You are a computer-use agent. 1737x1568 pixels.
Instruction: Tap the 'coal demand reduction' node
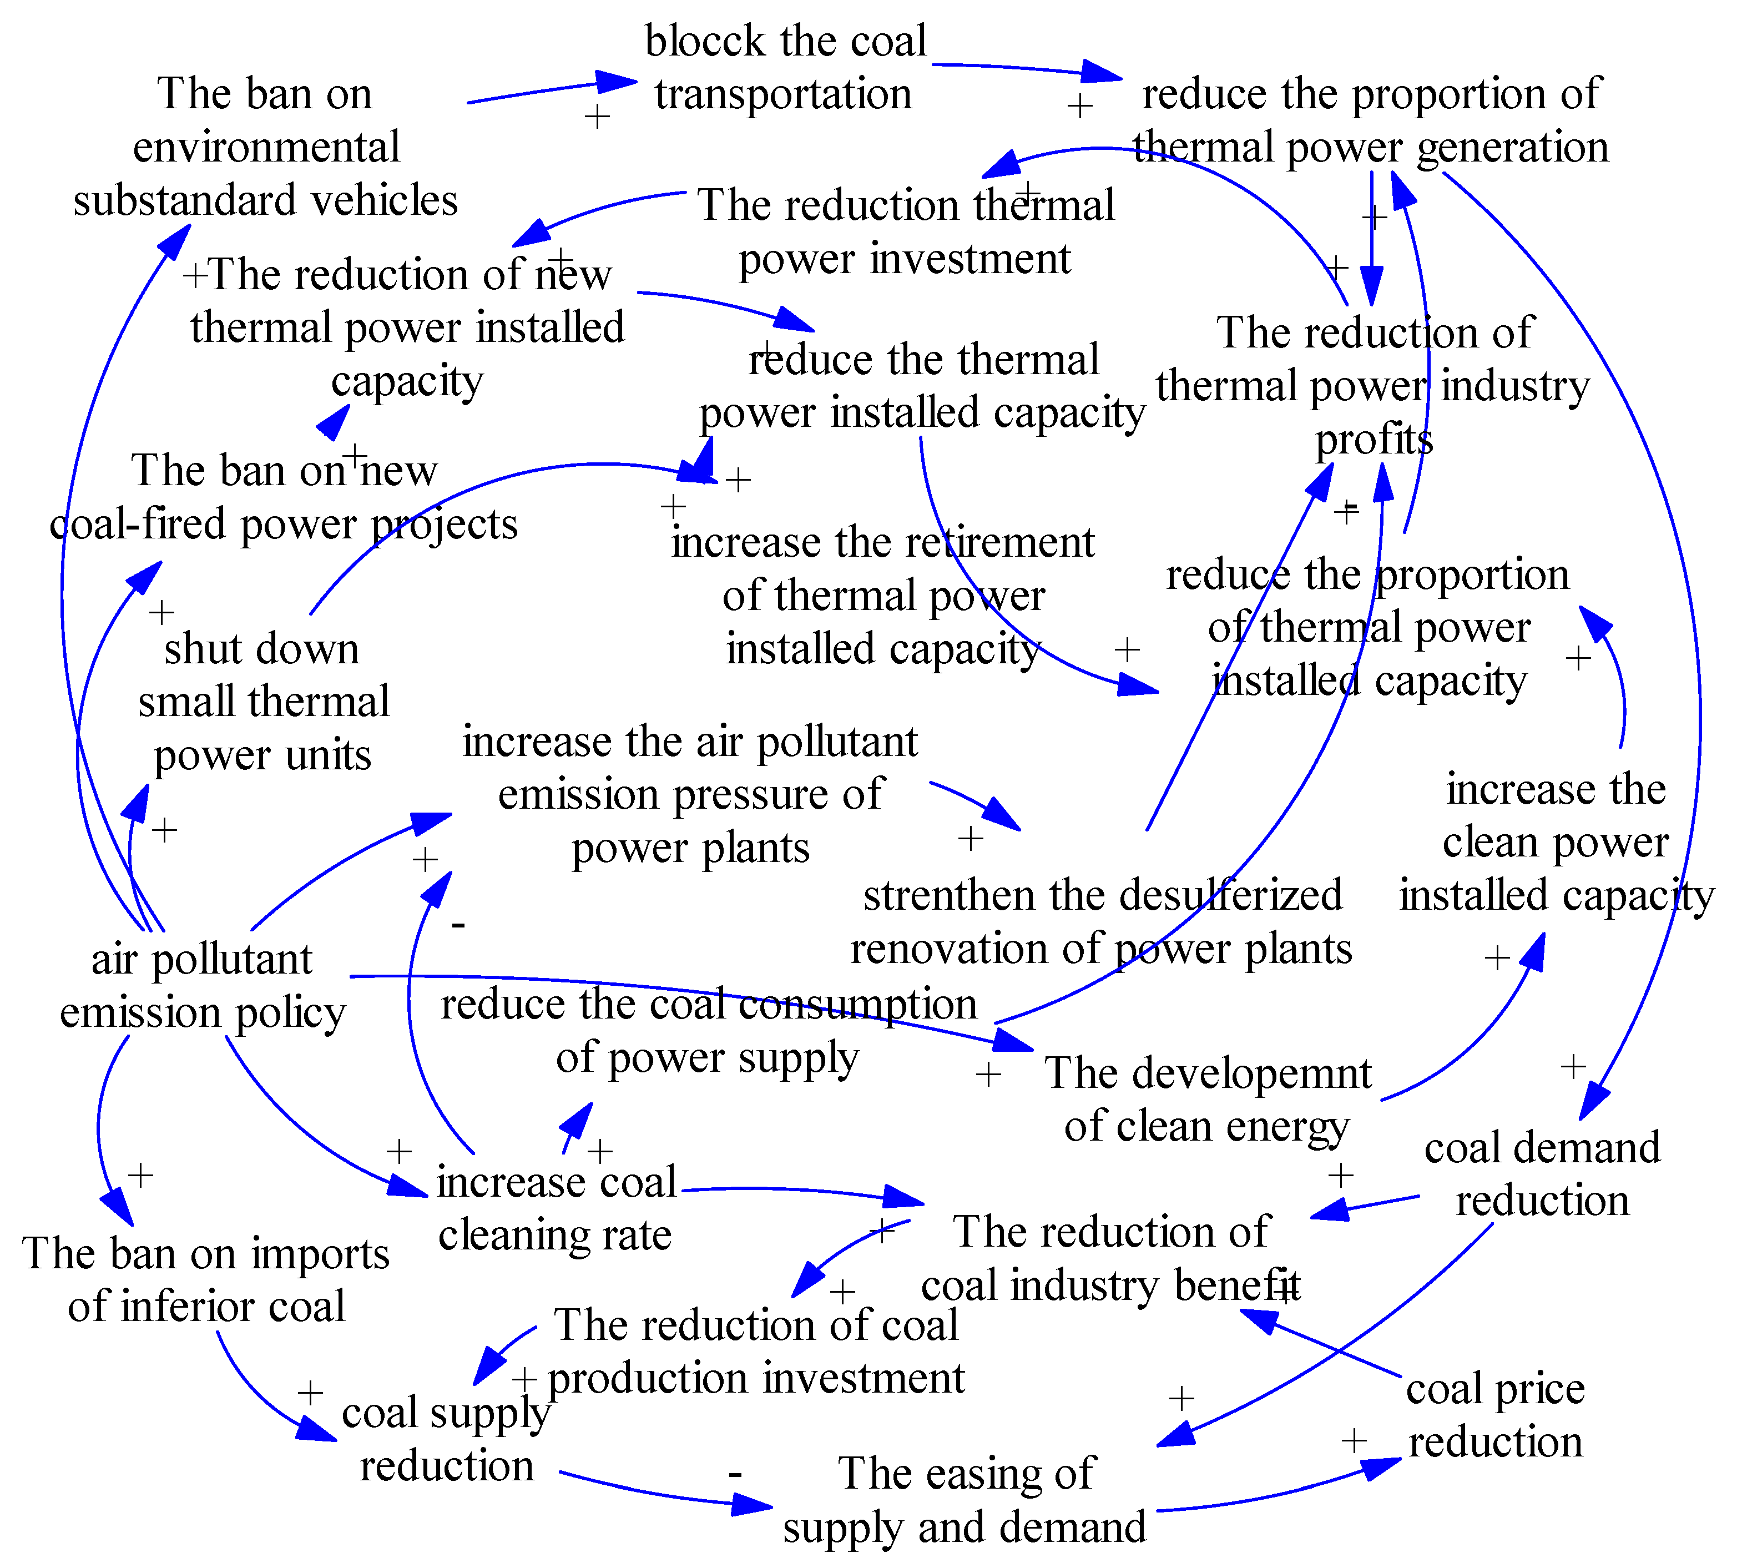coord(1542,1173)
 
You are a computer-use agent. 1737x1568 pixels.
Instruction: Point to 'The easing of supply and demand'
coord(965,1500)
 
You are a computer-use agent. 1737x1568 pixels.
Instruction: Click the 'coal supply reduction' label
coord(446,1439)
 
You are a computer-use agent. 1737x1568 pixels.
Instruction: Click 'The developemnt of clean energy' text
coord(1208,1100)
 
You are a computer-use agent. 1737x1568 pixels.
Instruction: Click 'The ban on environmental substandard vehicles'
coord(265,147)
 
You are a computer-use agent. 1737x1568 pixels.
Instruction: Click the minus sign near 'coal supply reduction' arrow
coord(735,1475)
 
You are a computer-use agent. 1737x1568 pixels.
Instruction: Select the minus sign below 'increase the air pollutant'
coord(458,925)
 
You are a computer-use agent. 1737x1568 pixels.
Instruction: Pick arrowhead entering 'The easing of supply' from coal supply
coord(754,1506)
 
